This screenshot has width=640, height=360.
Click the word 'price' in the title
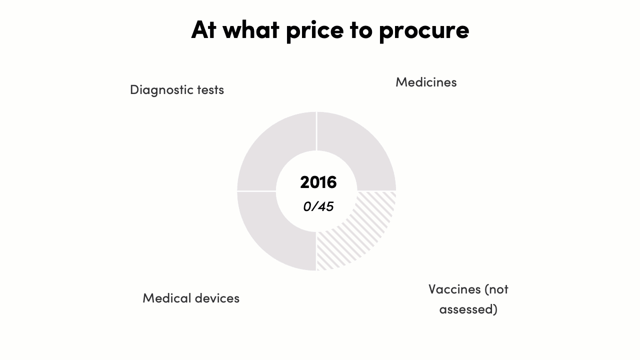click(x=315, y=31)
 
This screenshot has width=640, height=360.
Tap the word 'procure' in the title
click(x=424, y=31)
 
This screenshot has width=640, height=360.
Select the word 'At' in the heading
click(x=203, y=29)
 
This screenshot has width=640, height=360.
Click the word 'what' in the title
click(x=251, y=29)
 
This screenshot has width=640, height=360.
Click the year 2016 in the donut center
click(x=318, y=182)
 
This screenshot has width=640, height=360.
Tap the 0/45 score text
click(x=318, y=206)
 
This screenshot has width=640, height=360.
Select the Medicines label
click(x=426, y=82)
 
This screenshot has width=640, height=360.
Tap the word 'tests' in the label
click(x=210, y=90)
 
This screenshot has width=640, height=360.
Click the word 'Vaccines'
click(x=454, y=289)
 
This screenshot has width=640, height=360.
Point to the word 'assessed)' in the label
click(x=468, y=309)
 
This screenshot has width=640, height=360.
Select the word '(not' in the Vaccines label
click(x=497, y=289)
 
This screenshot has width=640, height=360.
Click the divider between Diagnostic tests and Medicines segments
click(x=316, y=131)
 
